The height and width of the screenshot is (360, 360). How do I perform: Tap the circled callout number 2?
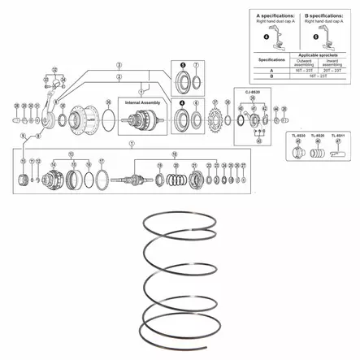tap(118, 76)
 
